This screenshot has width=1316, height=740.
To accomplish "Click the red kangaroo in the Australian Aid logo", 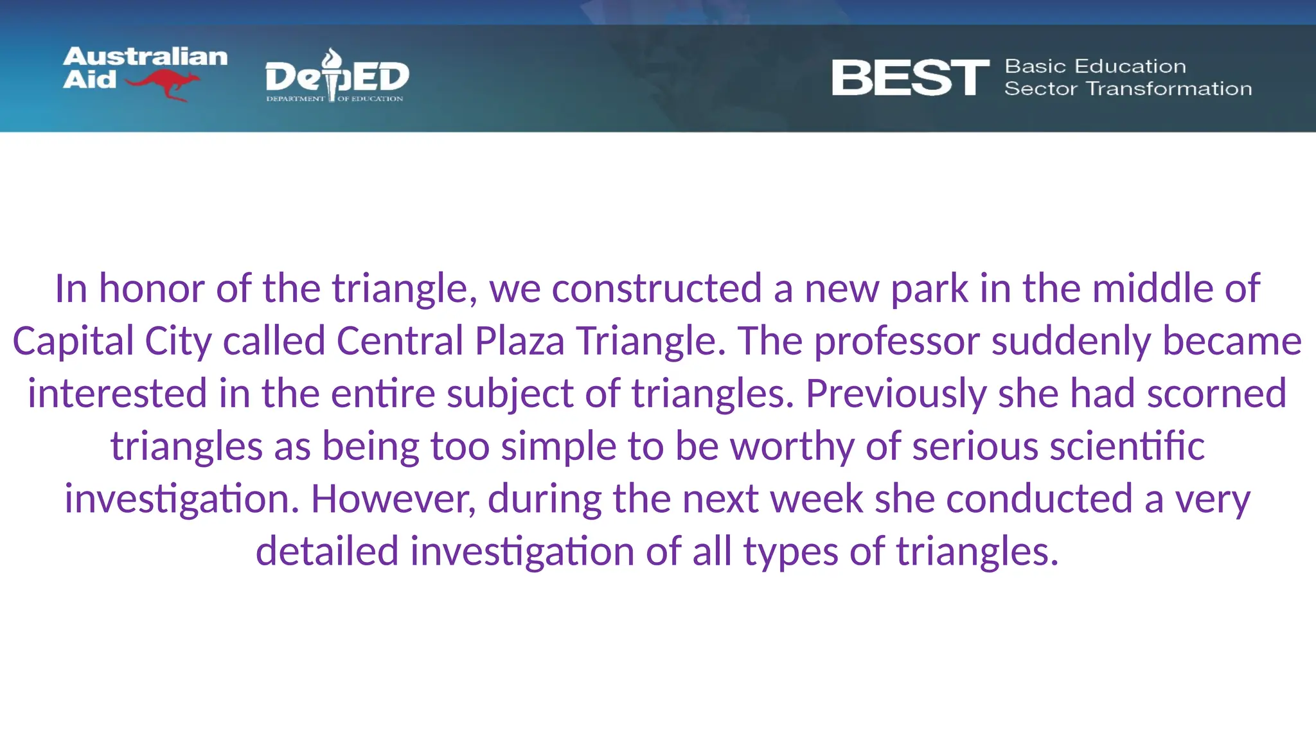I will (164, 84).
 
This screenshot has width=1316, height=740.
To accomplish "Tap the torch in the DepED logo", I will (332, 74).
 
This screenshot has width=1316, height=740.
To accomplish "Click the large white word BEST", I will (910, 78).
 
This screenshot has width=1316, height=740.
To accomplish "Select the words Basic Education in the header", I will (1095, 66).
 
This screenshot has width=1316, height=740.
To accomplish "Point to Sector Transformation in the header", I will (1128, 89).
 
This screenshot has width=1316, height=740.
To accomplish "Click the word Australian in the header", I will (145, 57).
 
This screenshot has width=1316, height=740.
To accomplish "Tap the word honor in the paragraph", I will (151, 288).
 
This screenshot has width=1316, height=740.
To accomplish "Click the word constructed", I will (656, 288).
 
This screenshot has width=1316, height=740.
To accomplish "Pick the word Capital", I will (73, 341).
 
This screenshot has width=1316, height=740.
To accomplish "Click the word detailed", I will (327, 552).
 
